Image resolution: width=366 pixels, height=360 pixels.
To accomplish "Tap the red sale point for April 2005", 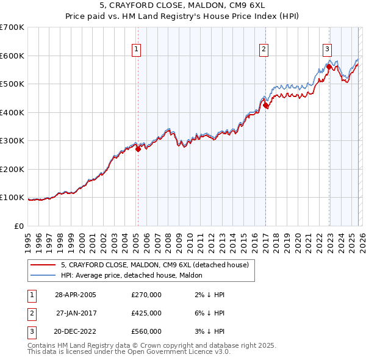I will (x=138, y=149).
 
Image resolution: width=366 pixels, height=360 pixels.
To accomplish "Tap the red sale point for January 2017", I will (x=266, y=105).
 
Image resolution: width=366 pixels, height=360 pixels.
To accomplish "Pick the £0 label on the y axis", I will (x=20, y=226).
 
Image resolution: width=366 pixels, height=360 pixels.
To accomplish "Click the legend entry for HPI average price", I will (x=135, y=276).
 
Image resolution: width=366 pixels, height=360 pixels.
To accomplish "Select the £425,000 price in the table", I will (x=146, y=313).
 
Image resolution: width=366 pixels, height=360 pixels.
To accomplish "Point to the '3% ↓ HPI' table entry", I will (x=208, y=331).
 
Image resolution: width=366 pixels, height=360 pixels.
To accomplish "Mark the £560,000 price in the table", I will (x=146, y=331).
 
